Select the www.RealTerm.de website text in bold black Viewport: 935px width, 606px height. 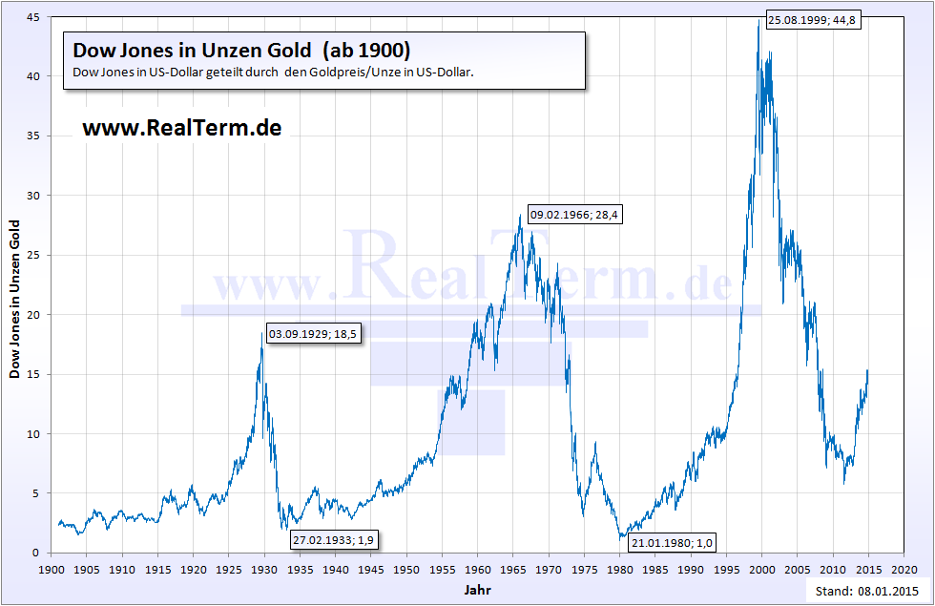click(x=182, y=127)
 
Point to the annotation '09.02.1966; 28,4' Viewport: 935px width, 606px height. click(x=575, y=216)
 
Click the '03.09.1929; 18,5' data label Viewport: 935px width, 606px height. click(x=313, y=334)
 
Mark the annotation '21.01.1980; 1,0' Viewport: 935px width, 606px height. click(x=672, y=543)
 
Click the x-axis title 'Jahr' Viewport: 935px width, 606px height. click(x=477, y=590)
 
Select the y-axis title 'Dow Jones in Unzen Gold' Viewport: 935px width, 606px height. click(x=15, y=298)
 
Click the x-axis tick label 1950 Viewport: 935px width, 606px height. click(x=406, y=568)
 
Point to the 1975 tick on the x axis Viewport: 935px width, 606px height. click(x=584, y=568)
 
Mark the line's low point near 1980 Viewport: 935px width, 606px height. click(x=621, y=538)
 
